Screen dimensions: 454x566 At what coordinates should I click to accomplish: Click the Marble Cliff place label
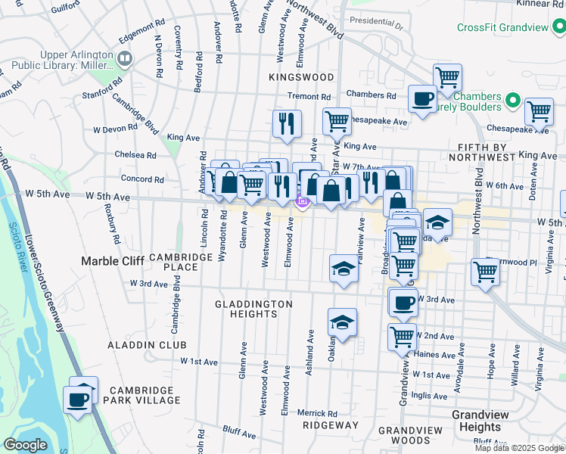(113, 261)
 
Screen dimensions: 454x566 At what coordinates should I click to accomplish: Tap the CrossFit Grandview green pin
(558, 28)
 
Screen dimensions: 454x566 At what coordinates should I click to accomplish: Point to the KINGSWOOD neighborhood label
(301, 77)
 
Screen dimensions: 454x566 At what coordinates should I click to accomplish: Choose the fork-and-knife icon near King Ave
(287, 123)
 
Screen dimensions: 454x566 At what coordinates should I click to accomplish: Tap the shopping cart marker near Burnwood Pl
(484, 272)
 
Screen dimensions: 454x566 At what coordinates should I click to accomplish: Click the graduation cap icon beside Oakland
(343, 322)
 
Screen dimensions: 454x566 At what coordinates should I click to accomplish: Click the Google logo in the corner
(25, 445)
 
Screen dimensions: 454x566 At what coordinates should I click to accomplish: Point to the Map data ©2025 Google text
(519, 448)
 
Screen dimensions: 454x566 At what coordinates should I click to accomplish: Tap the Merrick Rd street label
(317, 413)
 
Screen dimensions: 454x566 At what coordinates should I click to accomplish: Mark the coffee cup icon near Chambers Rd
(421, 98)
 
